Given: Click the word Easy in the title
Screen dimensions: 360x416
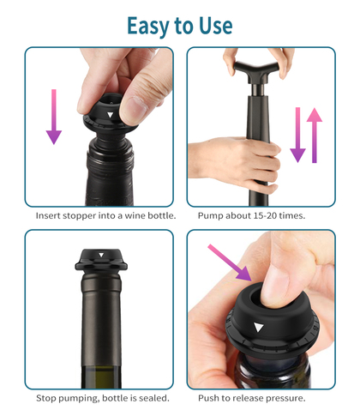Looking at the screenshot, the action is click(149, 27).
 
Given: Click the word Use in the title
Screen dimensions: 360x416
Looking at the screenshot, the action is click(216, 26).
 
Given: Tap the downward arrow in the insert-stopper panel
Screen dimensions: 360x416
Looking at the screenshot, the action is click(54, 117).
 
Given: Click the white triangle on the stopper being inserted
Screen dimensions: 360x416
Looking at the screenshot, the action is click(111, 115).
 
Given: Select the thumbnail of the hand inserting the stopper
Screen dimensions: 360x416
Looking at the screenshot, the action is click(99, 127).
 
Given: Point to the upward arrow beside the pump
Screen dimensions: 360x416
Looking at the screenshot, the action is click(315, 136).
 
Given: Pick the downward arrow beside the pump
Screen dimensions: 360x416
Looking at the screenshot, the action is click(297, 135).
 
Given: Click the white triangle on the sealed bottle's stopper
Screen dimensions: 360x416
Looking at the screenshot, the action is click(101, 255).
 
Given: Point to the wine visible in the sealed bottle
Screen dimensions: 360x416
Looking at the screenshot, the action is click(101, 377).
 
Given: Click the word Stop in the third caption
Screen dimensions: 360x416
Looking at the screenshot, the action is click(45, 398).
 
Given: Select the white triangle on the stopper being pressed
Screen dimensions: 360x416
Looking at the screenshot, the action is click(258, 327).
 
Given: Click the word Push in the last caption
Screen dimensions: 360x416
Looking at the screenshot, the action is click(208, 398).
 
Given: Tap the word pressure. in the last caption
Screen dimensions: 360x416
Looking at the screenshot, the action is click(286, 399).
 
